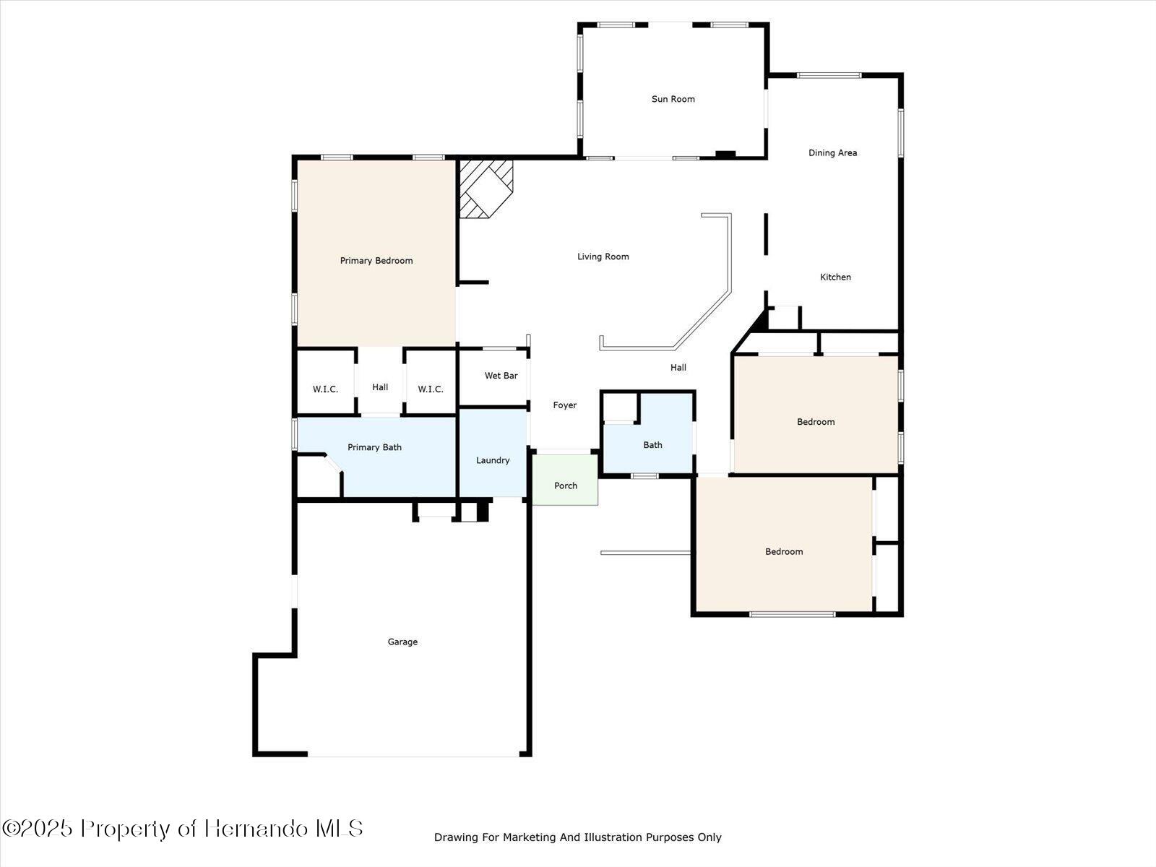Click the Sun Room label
click(x=673, y=99)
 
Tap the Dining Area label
click(x=832, y=152)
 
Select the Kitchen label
click(x=835, y=277)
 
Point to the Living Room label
click(x=603, y=256)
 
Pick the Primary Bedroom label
click(x=376, y=261)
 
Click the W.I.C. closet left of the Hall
click(x=325, y=389)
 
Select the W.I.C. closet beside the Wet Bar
click(x=430, y=389)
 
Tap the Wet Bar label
click(x=501, y=376)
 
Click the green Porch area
click(x=565, y=486)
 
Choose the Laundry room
click(x=493, y=460)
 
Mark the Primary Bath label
click(x=374, y=447)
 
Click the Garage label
click(x=402, y=642)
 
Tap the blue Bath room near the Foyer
click(x=652, y=445)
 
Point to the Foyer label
click(x=564, y=405)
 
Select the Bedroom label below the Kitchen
click(x=816, y=422)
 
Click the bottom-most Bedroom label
click(x=784, y=551)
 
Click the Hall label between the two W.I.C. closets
click(x=380, y=387)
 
